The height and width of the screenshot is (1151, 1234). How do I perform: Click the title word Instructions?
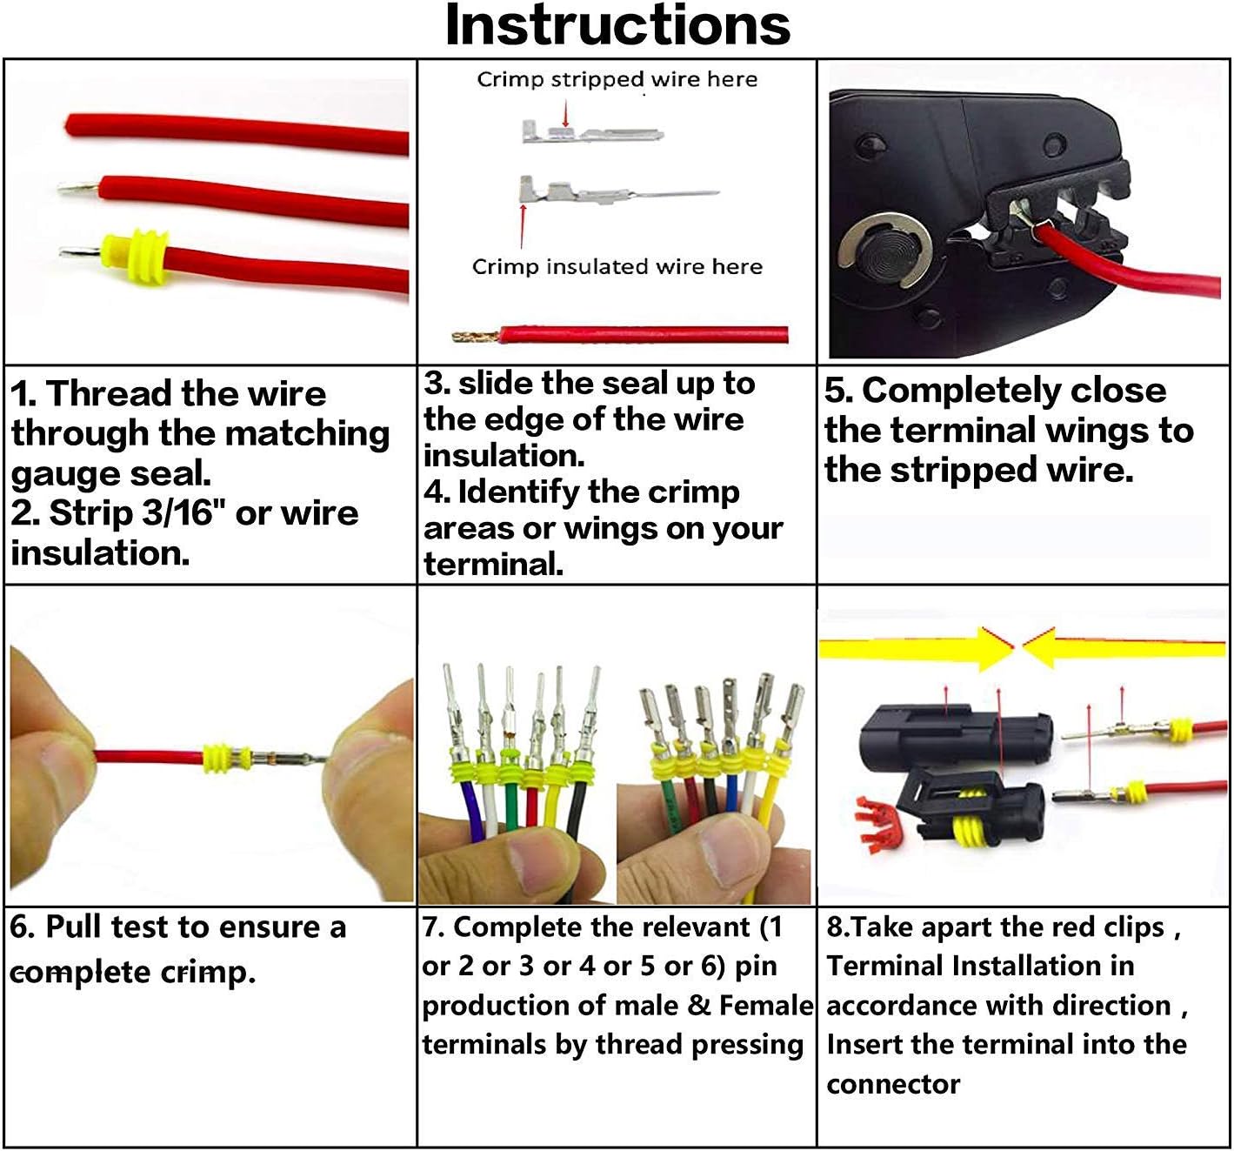617,25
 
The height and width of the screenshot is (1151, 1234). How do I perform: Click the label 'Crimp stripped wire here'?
617,80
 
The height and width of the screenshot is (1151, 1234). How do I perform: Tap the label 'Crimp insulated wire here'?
617,267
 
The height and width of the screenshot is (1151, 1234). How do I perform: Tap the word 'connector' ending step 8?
893,1085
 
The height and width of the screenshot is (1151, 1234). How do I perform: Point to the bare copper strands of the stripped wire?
475,336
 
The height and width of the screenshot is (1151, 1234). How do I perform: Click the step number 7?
432,928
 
